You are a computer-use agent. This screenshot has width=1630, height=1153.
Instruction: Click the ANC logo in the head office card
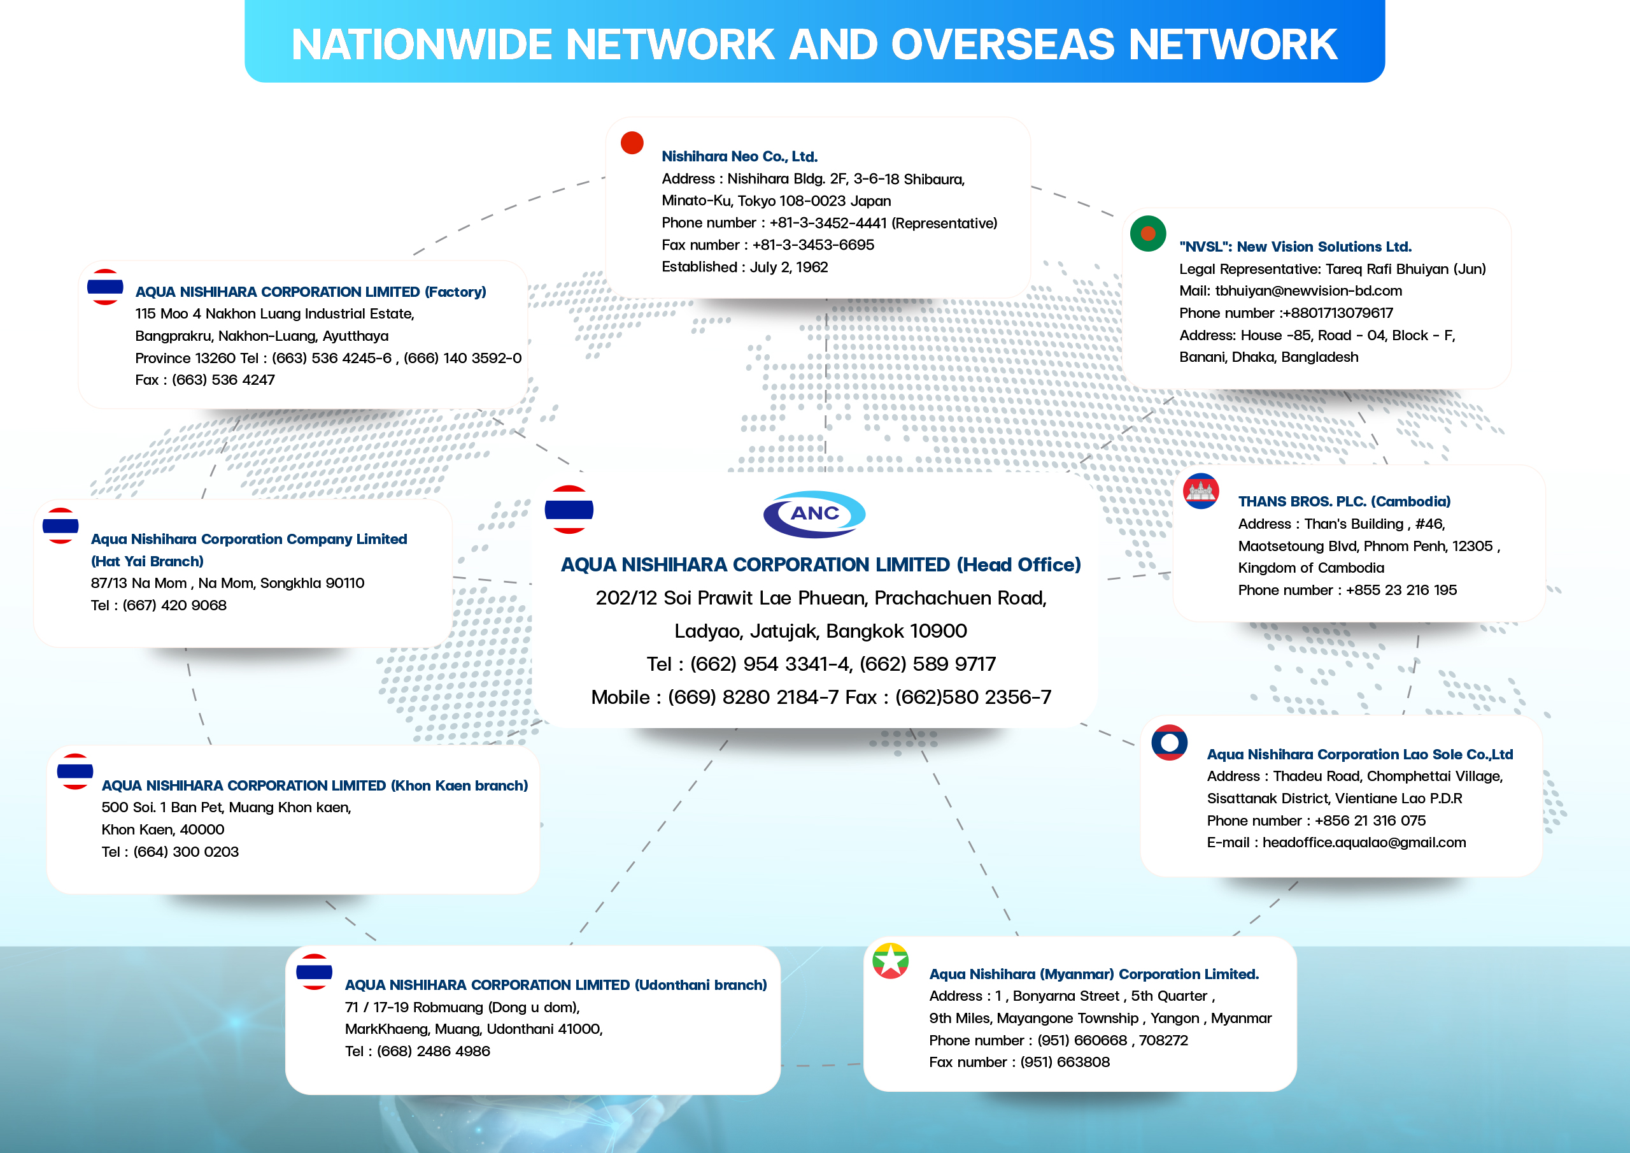pos(814,513)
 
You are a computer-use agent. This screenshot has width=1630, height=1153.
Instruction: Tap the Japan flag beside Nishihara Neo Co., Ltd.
pos(632,143)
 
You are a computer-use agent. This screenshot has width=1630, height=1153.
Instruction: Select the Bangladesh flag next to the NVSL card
pos(1148,233)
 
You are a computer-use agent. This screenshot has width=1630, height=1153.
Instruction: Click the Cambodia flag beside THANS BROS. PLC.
pos(1201,491)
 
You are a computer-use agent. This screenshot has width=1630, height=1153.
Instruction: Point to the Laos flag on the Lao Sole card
pos(1169,742)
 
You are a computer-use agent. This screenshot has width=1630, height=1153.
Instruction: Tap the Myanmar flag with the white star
pos(890,961)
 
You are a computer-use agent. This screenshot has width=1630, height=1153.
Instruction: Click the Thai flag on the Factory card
pos(105,287)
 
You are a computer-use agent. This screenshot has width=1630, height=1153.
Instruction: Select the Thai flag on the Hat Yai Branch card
pos(60,526)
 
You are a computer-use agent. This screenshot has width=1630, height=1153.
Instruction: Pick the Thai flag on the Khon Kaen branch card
pos(74,771)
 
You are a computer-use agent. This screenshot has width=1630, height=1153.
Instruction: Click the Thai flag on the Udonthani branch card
pos(314,972)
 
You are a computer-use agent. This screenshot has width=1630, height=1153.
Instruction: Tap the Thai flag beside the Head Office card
pos(569,510)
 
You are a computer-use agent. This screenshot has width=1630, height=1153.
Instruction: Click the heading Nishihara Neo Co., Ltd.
pos(740,156)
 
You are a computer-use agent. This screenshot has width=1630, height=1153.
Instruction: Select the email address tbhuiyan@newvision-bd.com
pos(1308,290)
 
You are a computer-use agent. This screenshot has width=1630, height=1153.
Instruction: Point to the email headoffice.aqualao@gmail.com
pos(1364,842)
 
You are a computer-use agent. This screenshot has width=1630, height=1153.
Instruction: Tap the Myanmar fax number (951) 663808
pos(1064,1062)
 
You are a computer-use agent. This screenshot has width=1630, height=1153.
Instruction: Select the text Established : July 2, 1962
pos(745,267)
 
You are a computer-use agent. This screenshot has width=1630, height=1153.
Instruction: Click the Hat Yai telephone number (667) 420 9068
pos(174,605)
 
